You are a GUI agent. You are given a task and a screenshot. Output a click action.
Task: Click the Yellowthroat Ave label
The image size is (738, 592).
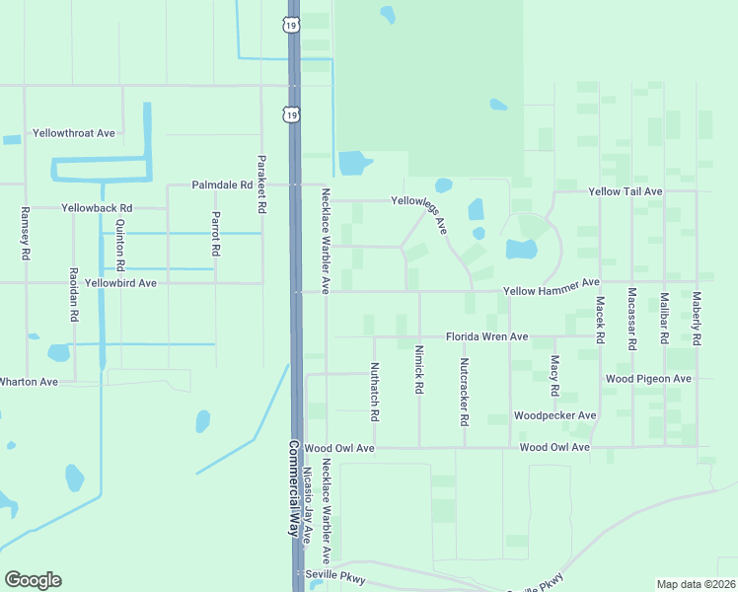tap(74, 132)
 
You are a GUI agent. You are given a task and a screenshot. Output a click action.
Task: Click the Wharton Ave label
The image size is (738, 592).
tap(28, 381)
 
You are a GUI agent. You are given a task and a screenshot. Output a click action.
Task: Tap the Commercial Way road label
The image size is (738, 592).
tap(293, 487)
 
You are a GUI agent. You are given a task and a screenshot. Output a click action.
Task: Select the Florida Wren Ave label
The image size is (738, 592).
tap(486, 337)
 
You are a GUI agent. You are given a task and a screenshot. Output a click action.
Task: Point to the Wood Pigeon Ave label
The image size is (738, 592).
tap(648, 379)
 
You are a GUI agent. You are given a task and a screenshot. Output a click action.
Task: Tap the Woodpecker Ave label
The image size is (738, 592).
tap(555, 416)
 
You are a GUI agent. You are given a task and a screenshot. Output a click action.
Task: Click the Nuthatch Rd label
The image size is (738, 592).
tap(375, 391)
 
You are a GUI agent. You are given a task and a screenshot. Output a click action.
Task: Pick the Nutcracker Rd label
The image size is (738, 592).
tap(464, 391)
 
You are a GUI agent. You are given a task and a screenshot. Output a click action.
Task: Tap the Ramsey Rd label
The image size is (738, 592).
tap(25, 234)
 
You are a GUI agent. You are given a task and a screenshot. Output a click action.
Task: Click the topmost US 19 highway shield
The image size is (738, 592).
tap(290, 25)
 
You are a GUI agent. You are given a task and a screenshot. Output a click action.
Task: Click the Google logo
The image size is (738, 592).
tap(33, 580)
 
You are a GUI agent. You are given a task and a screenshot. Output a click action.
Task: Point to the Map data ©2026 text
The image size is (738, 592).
tap(696, 584)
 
